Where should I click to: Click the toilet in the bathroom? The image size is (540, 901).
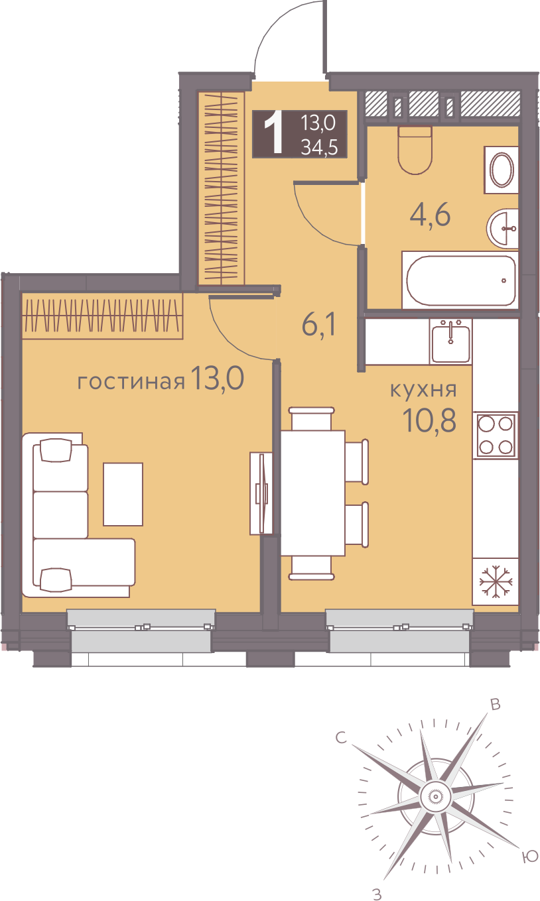click(415, 150)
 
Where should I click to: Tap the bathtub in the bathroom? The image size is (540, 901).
click(460, 280)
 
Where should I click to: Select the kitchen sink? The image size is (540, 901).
click(450, 341)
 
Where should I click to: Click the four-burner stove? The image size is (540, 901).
click(496, 435)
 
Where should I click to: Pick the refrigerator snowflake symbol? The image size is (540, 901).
click(496, 581)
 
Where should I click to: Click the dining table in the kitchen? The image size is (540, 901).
click(312, 493)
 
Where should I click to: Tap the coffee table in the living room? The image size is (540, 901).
click(123, 495)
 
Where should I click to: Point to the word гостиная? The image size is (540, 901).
click(131, 382)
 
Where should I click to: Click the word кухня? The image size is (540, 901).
click(423, 390)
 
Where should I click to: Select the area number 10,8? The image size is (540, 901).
click(429, 421)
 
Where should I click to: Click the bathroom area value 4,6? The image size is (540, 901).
click(430, 215)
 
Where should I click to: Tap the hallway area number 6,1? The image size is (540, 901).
click(318, 326)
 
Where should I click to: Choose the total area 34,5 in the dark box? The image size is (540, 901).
click(319, 148)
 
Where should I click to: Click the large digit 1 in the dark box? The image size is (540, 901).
click(273, 133)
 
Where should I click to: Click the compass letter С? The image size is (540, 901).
click(341, 738)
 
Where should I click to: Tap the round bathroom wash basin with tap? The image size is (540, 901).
click(503, 228)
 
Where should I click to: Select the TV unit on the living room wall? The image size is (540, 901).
click(261, 494)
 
